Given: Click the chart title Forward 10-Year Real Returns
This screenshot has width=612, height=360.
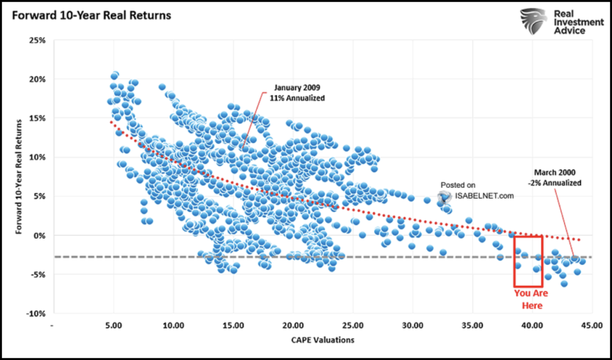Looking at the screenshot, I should [x=89, y=15].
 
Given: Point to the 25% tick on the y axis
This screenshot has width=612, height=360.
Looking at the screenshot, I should [x=36, y=41].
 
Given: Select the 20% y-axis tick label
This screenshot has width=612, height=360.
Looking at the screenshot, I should [x=36, y=80].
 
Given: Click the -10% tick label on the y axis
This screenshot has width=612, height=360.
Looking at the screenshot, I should [x=34, y=313].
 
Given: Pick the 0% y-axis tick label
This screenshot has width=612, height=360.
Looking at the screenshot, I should [x=38, y=236].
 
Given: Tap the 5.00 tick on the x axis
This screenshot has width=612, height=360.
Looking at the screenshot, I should [x=114, y=326].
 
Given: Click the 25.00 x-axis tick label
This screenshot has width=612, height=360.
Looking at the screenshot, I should [x=353, y=326].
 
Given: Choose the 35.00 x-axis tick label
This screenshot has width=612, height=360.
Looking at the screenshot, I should [x=472, y=326].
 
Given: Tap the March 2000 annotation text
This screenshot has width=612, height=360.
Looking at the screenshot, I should [x=555, y=178].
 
